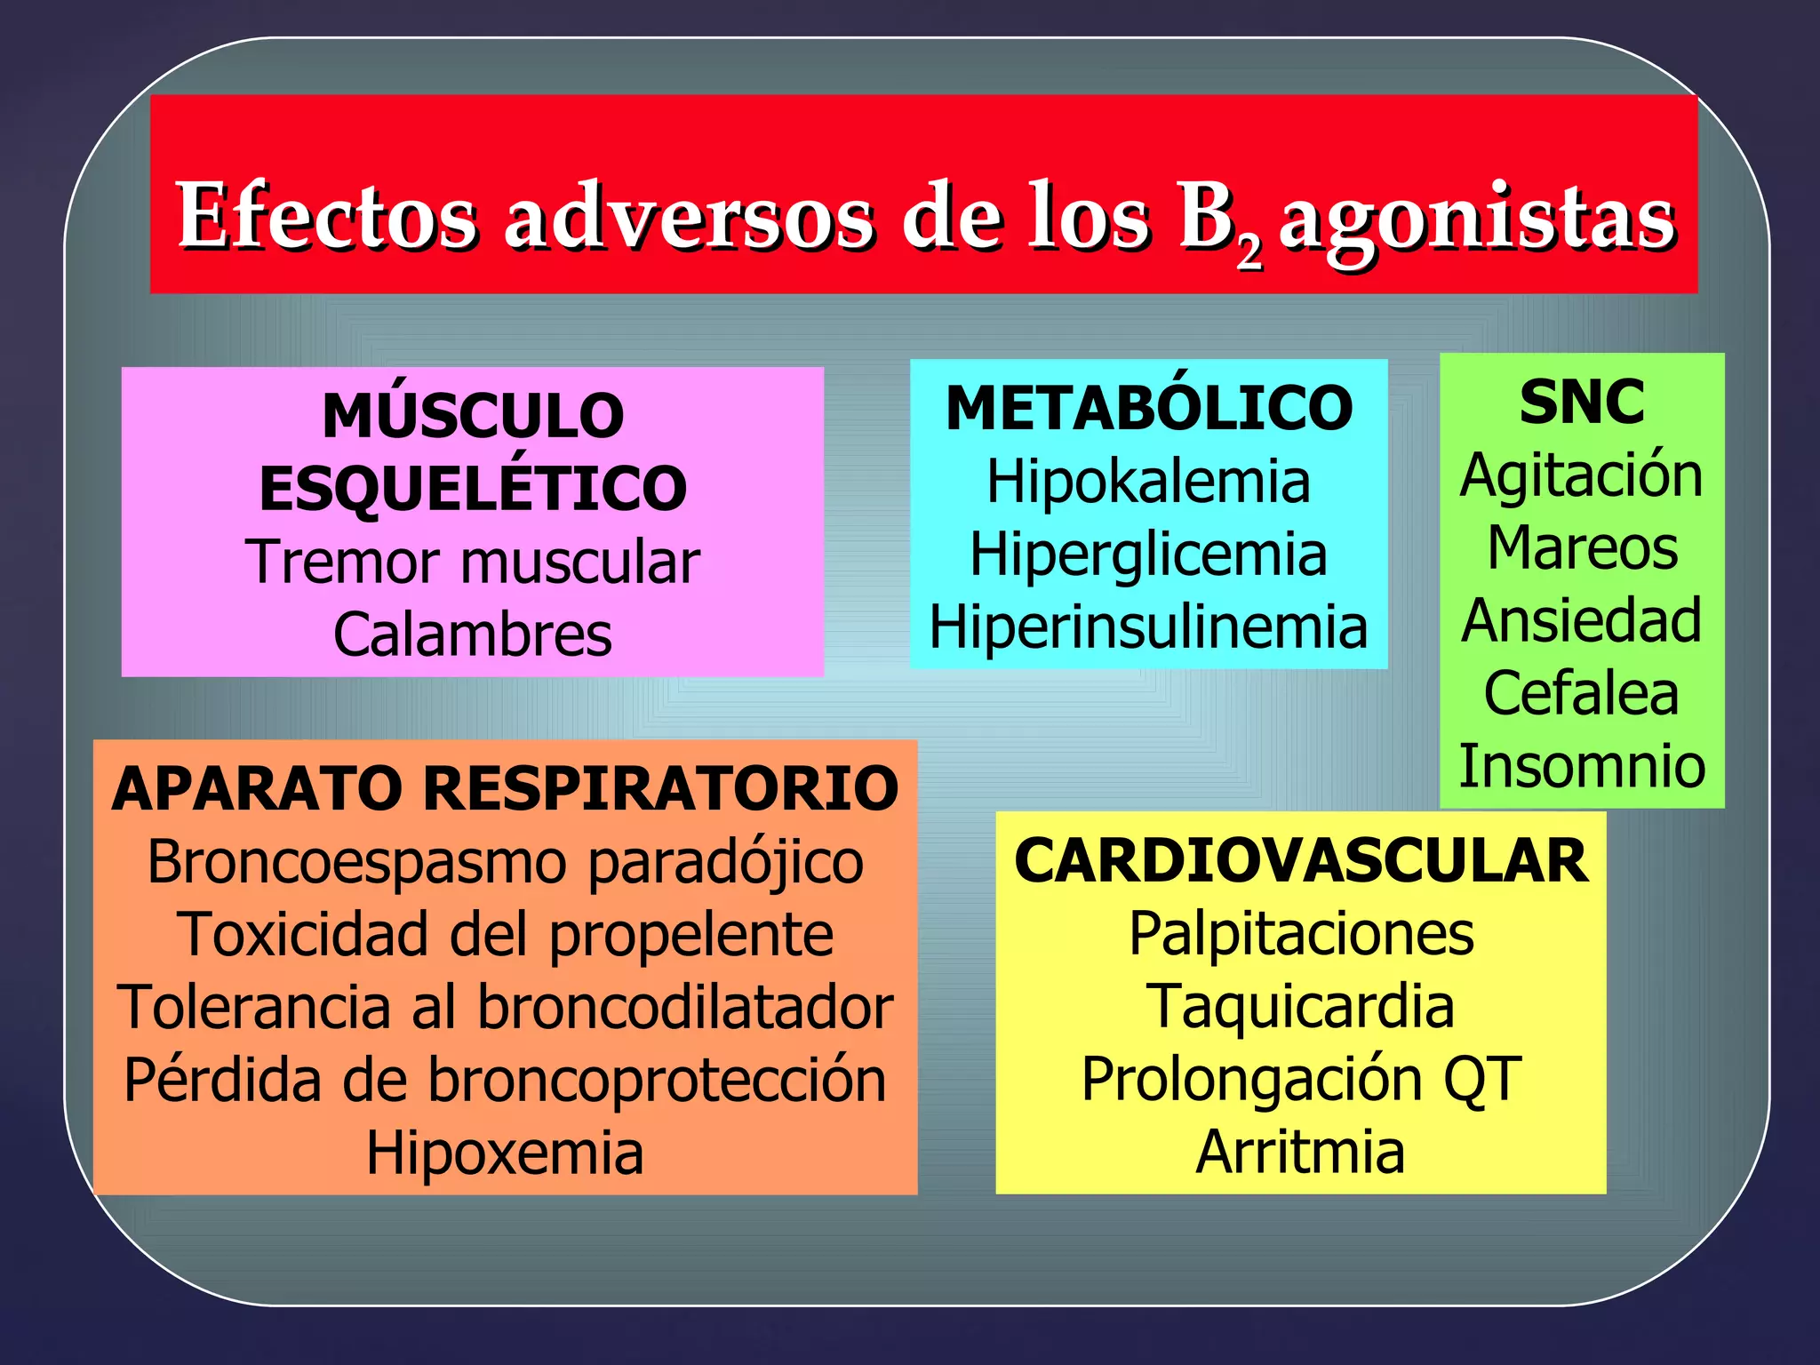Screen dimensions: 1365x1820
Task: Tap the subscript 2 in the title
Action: [x=1249, y=253]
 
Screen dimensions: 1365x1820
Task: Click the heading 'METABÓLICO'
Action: [x=1149, y=409]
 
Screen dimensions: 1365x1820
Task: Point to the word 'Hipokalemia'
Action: [x=1148, y=482]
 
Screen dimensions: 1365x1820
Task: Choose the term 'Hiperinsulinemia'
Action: [x=1148, y=627]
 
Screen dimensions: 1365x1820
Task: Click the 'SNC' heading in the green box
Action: [x=1582, y=403]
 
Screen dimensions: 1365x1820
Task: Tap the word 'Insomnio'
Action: [x=1582, y=766]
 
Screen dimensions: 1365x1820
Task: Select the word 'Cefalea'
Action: [x=1582, y=693]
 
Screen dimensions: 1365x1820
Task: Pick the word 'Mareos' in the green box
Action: [x=1582, y=547]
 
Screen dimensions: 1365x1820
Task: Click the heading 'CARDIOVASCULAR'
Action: [x=1301, y=861]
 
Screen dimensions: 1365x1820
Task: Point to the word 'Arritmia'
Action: [x=1300, y=1153]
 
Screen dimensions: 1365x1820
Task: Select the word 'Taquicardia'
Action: [x=1300, y=1007]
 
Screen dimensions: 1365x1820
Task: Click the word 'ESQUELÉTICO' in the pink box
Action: [x=473, y=489]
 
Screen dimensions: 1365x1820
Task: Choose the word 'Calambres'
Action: [x=473, y=635]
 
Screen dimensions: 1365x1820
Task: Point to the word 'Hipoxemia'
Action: [x=505, y=1153]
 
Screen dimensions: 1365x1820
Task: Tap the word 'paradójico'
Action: [x=725, y=863]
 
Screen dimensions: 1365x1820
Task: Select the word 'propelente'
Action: [x=691, y=936]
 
